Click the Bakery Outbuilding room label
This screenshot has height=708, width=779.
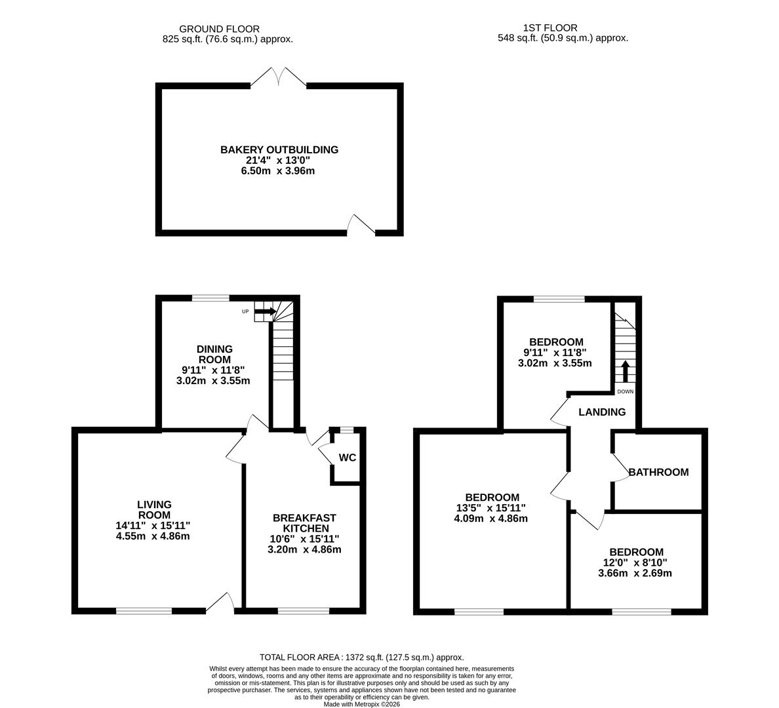[x=279, y=149]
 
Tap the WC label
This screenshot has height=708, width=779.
[x=348, y=458]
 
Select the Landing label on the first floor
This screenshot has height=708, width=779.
[x=602, y=412]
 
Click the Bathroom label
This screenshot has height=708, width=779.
[x=658, y=472]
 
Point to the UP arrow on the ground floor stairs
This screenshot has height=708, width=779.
[x=266, y=311]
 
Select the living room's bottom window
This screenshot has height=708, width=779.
[x=144, y=611]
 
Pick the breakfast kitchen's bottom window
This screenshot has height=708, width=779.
[x=304, y=611]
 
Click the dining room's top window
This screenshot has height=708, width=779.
[x=211, y=298]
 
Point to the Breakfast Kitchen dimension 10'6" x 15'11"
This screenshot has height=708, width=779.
[x=305, y=539]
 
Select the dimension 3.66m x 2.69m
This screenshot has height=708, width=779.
[x=635, y=573]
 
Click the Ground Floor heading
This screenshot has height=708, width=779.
[x=210, y=29]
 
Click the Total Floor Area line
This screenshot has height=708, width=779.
[x=362, y=657]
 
